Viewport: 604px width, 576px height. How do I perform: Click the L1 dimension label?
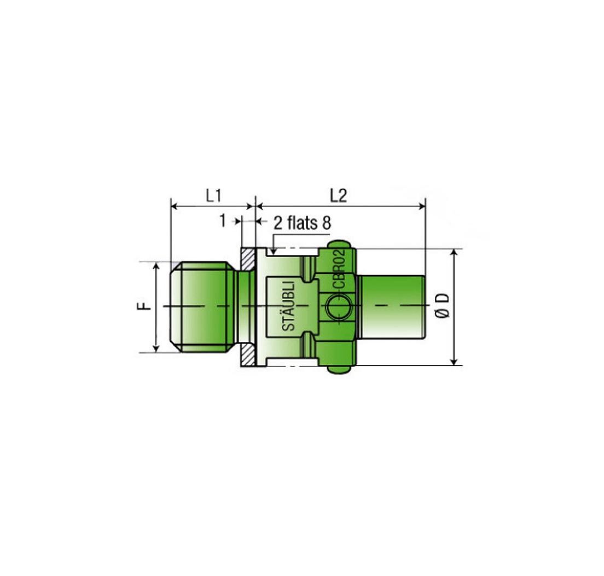pos(213,196)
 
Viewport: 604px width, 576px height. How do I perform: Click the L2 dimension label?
pos(339,196)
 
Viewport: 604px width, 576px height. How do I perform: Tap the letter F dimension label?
pos(143,306)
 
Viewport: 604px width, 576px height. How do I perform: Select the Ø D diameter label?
pos(443,306)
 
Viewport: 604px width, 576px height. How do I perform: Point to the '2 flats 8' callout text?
pos(302,223)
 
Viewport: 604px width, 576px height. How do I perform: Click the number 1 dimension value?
pos(223,221)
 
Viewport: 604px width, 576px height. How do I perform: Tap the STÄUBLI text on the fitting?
pos(288,306)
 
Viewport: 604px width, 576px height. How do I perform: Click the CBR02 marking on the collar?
pos(339,269)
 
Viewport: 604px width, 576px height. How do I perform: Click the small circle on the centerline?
pos(338,307)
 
